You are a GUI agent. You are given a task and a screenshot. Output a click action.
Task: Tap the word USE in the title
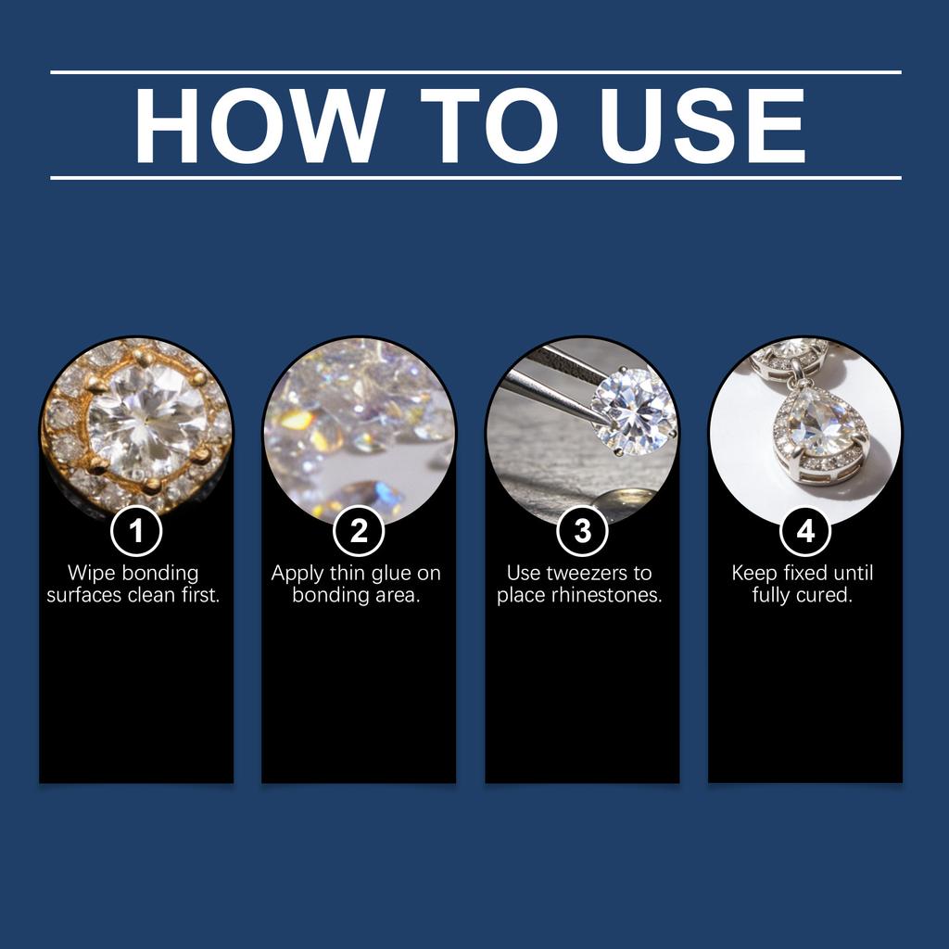pyautogui.click(x=702, y=125)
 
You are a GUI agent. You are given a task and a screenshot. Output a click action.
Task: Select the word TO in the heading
pyautogui.click(x=488, y=125)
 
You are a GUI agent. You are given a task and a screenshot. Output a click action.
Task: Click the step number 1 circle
pyautogui.click(x=136, y=531)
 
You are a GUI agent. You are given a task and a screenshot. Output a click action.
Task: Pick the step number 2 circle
pyautogui.click(x=359, y=531)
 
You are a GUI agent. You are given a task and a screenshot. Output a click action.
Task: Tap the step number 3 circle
pyautogui.click(x=582, y=531)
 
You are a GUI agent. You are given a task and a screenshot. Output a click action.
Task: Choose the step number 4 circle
pyautogui.click(x=805, y=531)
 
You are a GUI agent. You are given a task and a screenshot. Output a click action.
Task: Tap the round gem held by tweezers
pyautogui.click(x=632, y=411)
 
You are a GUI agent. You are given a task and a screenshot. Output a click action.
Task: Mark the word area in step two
pyautogui.click(x=397, y=596)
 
